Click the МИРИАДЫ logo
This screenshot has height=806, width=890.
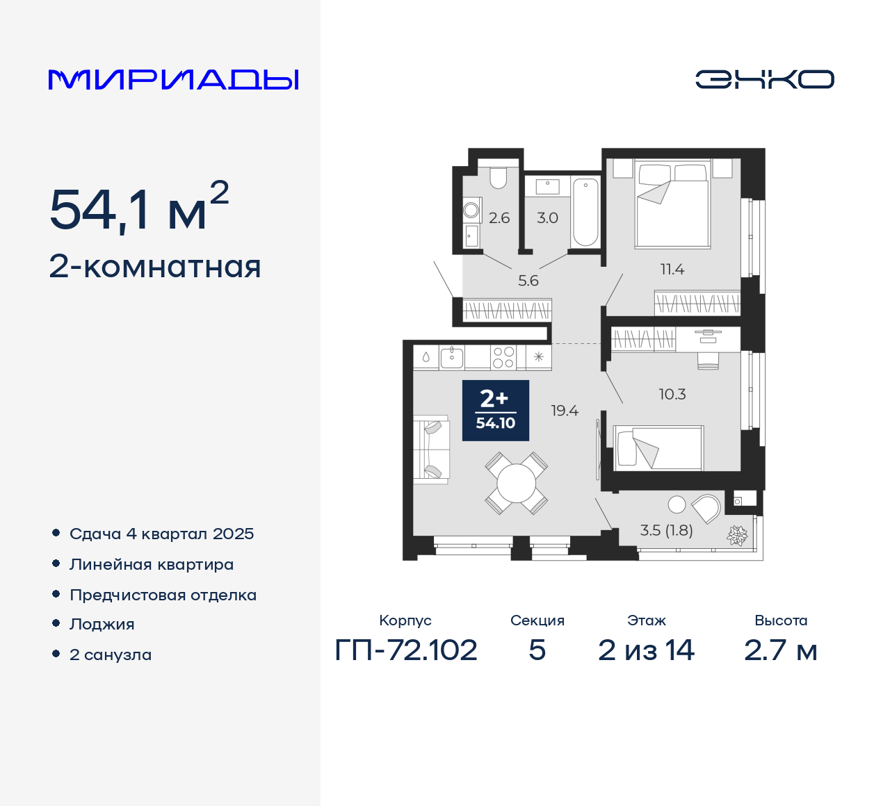pos(174,79)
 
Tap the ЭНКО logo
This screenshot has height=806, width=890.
pos(764,79)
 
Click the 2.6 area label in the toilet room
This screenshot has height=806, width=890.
pos(499,218)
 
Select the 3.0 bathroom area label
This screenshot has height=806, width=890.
pos(547,218)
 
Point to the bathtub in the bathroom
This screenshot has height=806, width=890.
pos(585,211)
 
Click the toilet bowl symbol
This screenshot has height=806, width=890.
pos(498,178)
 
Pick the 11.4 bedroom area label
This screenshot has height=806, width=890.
pos(672,270)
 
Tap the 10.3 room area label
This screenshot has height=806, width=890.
pos(672,395)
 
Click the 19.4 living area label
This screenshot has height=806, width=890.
pos(565,411)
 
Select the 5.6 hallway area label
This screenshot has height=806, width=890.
pos(528,281)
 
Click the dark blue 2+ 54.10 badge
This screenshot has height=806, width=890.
pos(496,411)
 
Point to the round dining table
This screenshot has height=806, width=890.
pos(517,483)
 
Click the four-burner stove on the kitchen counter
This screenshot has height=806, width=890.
pos(503,357)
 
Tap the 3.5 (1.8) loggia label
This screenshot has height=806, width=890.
pos(666,531)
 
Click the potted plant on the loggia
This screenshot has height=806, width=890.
pos(737,535)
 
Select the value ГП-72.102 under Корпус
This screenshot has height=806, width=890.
pos(406,650)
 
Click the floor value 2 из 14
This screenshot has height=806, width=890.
pos(646,650)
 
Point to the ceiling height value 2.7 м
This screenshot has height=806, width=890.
pos(780,650)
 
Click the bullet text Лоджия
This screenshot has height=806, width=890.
pos(102,625)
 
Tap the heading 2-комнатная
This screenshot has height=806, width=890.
pos(155,267)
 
